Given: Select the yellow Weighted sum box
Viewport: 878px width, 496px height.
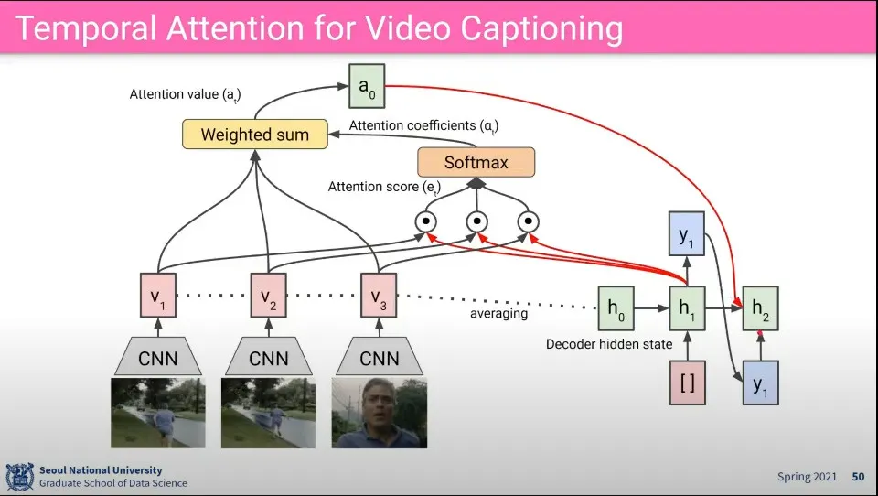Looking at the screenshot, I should point(254,135).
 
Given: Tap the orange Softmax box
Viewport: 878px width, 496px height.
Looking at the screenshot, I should point(476,162).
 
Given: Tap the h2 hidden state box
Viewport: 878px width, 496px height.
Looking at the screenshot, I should point(760,308).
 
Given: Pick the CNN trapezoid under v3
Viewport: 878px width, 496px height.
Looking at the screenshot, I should point(378,356).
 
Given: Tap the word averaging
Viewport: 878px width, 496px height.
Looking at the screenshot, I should point(499,313).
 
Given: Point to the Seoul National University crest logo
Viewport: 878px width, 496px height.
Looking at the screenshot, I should point(19,476).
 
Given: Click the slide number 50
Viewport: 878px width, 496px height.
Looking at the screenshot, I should point(858,477).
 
